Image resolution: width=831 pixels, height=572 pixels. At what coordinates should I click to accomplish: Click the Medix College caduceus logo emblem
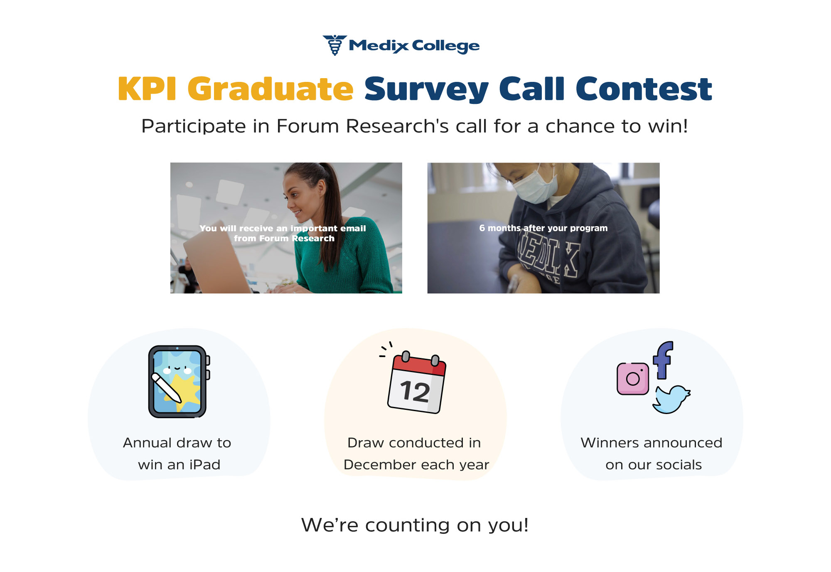(334, 45)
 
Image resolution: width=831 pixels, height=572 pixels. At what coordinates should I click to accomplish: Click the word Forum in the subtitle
(307, 126)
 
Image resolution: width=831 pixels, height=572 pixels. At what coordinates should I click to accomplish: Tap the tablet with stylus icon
(179, 381)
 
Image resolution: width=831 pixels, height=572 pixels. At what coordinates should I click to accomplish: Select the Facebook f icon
(663, 360)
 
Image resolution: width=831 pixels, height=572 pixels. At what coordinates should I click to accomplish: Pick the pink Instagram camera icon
(633, 379)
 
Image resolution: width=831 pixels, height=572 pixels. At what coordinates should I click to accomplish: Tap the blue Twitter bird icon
(671, 399)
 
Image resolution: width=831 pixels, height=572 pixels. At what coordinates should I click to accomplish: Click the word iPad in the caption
(204, 464)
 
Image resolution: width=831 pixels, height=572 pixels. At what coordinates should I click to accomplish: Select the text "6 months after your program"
(543, 228)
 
